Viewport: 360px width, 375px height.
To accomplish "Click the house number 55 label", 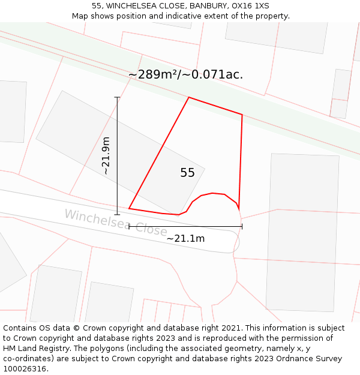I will pos(187,173).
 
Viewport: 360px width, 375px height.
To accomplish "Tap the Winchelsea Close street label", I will pos(115,222).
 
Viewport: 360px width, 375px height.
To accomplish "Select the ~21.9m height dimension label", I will pos(106,155).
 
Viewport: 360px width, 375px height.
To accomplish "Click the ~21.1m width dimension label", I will pos(185,238).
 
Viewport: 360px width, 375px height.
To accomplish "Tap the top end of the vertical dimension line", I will pos(117,97).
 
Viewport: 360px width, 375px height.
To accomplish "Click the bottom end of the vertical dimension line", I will pos(117,214).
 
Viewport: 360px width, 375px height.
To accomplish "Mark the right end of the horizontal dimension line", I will pos(242,226).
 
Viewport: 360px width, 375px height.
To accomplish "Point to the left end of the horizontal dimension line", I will pos(129,226).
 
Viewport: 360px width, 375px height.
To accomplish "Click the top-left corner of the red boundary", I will pos(189,97).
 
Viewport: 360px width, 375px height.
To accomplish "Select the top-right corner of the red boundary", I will pos(242,115).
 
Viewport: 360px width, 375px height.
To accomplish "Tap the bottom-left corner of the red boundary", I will pos(129,209).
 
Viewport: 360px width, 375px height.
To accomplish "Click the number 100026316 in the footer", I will pos(25,369).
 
